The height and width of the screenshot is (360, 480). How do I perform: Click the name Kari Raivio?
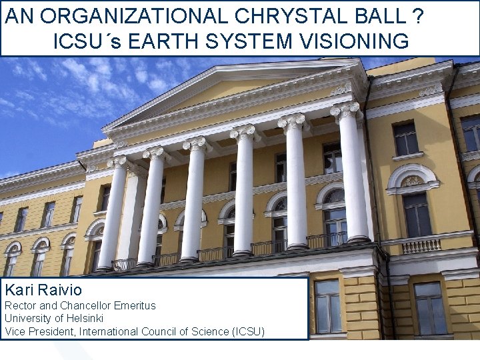coord(43,289)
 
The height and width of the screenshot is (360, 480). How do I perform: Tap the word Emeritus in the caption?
coord(134,305)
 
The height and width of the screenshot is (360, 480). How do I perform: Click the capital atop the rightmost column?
coord(345,111)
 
